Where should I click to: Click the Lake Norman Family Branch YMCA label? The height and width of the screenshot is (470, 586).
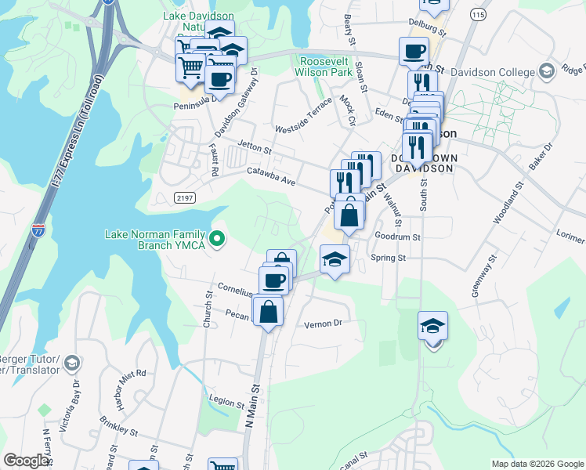click(x=155, y=240)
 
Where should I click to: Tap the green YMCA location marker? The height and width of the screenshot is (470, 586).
click(x=219, y=239)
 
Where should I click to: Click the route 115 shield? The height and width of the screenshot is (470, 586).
click(x=478, y=16)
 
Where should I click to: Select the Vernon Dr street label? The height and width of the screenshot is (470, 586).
click(x=324, y=323)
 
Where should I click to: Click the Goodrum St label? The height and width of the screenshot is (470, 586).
click(x=398, y=236)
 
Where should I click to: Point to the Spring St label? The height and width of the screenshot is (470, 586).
click(x=388, y=257)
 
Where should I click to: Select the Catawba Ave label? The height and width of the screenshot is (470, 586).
click(x=271, y=175)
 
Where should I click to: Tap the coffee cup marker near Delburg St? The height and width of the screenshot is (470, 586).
click(x=413, y=52)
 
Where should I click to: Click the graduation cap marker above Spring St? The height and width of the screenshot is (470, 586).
click(x=334, y=258)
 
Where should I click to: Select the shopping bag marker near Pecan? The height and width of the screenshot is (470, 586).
click(x=268, y=310)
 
